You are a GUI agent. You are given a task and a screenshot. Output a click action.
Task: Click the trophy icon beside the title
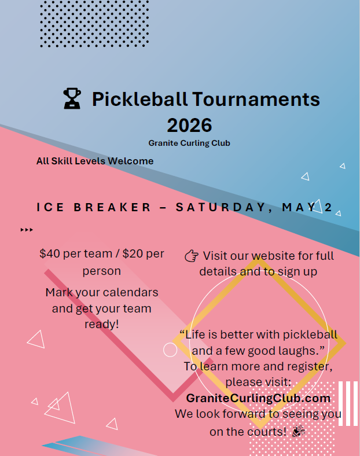[72, 99]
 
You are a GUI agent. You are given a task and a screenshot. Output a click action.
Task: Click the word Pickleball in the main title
[139, 99]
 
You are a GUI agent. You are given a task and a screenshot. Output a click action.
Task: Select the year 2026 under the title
[189, 125]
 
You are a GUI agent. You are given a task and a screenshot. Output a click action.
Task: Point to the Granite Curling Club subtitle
[189, 143]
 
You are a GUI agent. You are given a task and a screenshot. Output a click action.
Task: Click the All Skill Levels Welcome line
[95, 161]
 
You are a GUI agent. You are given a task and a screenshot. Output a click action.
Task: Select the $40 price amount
[50, 253]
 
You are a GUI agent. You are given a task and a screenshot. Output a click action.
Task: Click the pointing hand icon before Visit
[191, 256]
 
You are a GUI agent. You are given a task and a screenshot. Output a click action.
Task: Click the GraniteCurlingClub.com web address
[258, 398]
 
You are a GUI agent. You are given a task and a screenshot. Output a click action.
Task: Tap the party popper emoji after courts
[298, 431]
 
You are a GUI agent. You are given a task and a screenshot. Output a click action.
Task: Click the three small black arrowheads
[27, 230]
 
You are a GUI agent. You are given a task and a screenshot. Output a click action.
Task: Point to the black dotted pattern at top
[94, 23]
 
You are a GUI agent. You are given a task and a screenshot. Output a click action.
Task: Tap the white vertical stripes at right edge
[348, 403]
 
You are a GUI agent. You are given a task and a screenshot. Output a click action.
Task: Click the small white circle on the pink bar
[170, 350]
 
